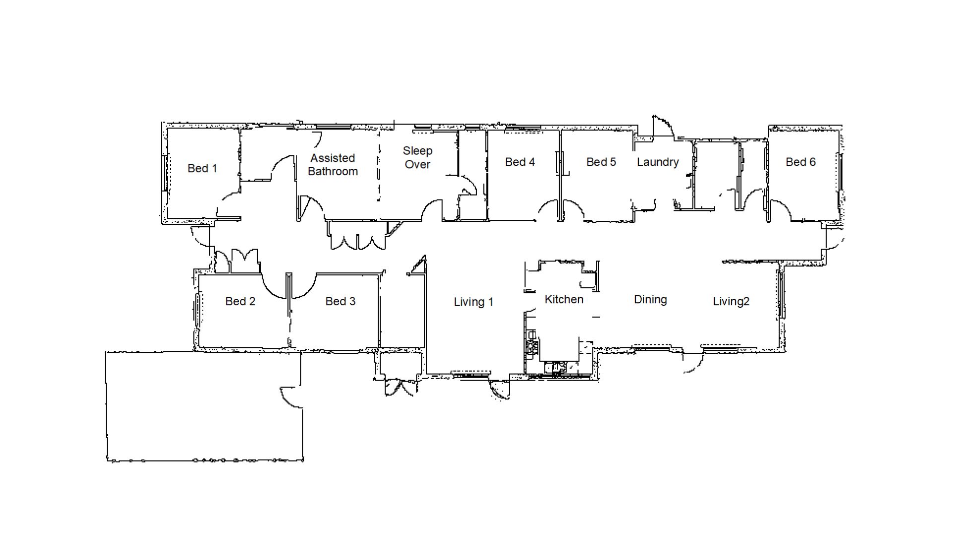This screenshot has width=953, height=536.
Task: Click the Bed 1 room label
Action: [202, 168]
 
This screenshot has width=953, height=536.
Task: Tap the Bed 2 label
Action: [240, 301]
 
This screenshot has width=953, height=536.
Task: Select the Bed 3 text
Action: [340, 301]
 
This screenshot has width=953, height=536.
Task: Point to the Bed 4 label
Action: [520, 162]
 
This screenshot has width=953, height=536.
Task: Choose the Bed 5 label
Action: [601, 162]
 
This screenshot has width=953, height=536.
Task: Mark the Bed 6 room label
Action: [801, 162]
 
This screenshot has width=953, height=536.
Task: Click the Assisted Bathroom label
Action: [333, 165]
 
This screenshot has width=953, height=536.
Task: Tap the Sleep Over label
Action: [417, 157]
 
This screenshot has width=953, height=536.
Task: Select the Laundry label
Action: [658, 162]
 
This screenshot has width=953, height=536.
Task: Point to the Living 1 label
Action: [474, 302]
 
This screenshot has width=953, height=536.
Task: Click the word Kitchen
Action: [564, 299]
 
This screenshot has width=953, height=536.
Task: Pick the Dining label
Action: [650, 300]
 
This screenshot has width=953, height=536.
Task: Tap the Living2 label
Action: [731, 301]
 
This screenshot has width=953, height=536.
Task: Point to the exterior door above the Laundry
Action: [663, 127]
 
